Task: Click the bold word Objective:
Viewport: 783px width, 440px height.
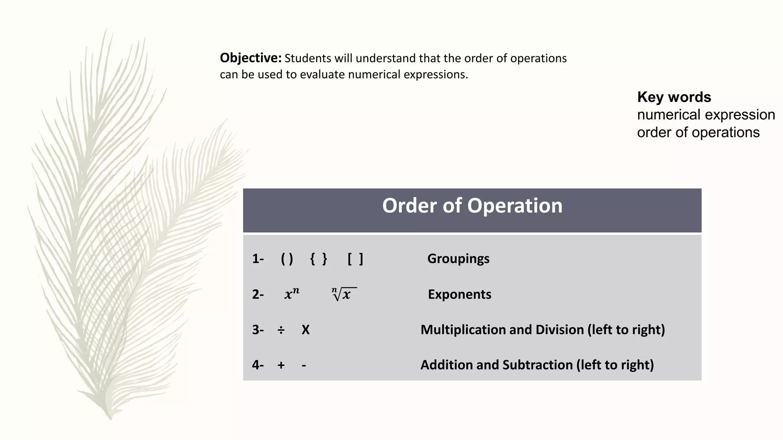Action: (250, 58)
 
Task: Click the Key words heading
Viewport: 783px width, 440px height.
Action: (674, 97)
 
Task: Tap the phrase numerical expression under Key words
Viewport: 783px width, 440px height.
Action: (706, 115)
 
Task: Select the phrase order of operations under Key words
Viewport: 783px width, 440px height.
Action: (698, 133)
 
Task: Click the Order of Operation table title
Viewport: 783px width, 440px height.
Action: (472, 206)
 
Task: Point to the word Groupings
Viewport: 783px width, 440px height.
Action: (458, 259)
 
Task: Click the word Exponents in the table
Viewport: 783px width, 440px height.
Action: (459, 294)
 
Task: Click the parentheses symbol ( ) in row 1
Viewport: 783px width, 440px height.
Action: (287, 259)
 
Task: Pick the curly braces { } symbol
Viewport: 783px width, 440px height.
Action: (318, 259)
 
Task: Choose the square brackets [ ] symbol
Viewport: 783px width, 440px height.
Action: (355, 259)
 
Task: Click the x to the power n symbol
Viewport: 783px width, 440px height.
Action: (292, 294)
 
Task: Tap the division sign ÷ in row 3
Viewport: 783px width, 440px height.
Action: (281, 330)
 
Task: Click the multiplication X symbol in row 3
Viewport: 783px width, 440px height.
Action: (305, 330)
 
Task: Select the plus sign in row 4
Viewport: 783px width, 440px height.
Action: (281, 365)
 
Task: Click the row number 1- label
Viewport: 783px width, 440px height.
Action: (258, 259)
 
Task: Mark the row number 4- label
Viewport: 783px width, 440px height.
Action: (258, 365)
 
